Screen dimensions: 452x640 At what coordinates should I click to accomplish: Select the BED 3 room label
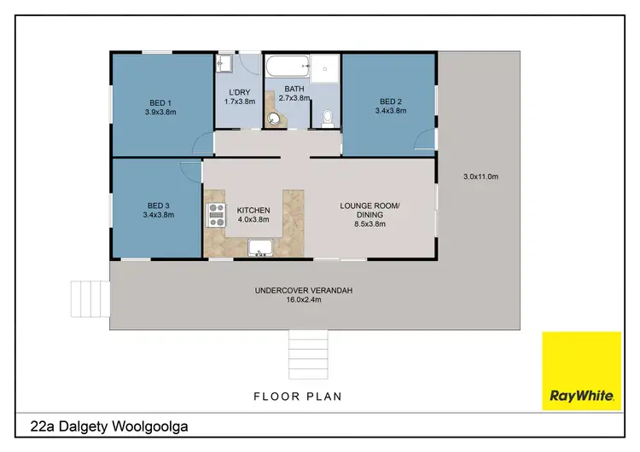(160, 205)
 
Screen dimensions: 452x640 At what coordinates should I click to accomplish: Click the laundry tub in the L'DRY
(224, 64)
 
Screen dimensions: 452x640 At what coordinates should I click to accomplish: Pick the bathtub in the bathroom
(286, 66)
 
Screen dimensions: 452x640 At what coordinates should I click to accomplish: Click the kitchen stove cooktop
(214, 215)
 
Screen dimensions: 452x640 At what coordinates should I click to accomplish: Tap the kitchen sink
(260, 248)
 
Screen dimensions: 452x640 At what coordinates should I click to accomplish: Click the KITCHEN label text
(253, 210)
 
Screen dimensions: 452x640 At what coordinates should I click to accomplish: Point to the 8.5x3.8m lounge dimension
(369, 224)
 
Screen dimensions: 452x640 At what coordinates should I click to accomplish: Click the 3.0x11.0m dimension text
(480, 177)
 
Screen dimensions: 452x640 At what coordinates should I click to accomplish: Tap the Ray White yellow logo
(581, 371)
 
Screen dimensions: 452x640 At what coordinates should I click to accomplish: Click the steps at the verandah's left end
(88, 298)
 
